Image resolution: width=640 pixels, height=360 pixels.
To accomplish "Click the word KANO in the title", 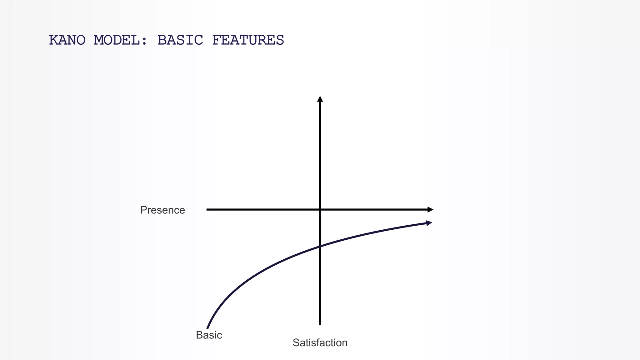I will coord(67,40).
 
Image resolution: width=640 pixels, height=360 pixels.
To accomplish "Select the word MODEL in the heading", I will coord(117,40).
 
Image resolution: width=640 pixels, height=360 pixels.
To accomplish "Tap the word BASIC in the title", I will coord(180,40).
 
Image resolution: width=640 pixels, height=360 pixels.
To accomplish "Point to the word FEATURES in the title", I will coord(248,40).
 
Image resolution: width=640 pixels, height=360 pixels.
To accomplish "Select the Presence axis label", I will coord(162,210).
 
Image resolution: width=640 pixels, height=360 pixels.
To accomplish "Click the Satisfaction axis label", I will coord(320,343).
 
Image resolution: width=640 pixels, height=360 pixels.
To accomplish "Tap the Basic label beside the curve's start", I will coord(209,335).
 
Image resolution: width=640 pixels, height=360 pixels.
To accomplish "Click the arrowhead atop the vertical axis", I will coord(320,99).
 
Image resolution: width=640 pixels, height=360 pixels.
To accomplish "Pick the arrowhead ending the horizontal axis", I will coord(430,210).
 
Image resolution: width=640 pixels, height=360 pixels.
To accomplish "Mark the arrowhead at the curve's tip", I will coord(429,223).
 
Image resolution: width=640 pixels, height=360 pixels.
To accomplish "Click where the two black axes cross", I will coord(320,210).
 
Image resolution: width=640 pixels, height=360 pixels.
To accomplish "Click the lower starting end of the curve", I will coord(207,328).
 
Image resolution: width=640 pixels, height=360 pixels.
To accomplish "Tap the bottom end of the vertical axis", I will coord(320,324).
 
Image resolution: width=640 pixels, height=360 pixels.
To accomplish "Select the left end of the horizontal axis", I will coord(207,210).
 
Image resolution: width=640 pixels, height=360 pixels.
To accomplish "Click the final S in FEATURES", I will coord(280,40).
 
